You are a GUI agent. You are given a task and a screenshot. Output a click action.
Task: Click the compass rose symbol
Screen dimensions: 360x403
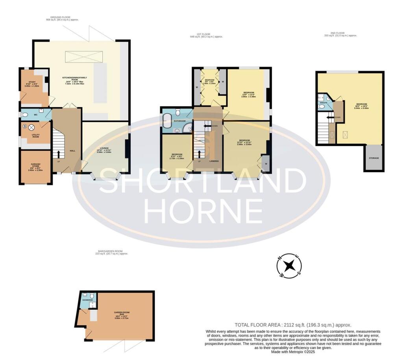pyautogui.click(x=290, y=266)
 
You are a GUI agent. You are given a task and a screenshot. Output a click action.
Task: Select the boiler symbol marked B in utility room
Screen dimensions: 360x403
pyautogui.click(x=25, y=127)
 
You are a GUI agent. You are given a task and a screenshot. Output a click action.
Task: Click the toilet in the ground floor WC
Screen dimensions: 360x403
pyautogui.click(x=25, y=115)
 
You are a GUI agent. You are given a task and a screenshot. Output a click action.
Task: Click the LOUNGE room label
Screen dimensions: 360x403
pyautogui.click(x=105, y=148)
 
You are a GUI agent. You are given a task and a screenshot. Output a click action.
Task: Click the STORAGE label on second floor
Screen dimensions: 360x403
pyautogui.click(x=373, y=158)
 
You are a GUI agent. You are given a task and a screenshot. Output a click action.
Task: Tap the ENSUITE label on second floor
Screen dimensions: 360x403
pyautogui.click(x=323, y=102)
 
